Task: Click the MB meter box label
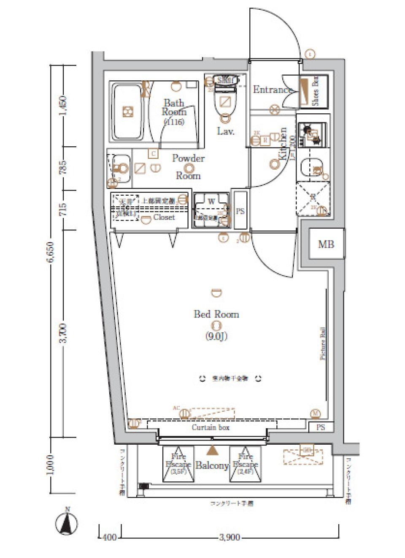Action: click(x=326, y=244)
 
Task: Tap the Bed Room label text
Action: click(x=216, y=314)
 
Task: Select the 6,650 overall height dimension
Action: click(x=50, y=252)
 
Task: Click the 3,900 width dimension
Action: click(x=229, y=537)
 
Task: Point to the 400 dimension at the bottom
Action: click(x=109, y=537)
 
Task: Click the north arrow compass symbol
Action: click(x=67, y=523)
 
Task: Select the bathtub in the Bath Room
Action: click(x=127, y=112)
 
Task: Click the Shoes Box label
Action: click(x=315, y=91)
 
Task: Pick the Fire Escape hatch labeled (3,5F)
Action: click(x=178, y=464)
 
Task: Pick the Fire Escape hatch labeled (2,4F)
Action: click(x=245, y=464)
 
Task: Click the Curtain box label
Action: click(x=211, y=427)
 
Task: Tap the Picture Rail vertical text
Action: click(x=323, y=343)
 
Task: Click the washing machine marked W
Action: click(x=211, y=210)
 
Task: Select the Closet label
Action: click(x=164, y=217)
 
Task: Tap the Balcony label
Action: click(x=212, y=465)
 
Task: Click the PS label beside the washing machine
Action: click(x=240, y=211)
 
